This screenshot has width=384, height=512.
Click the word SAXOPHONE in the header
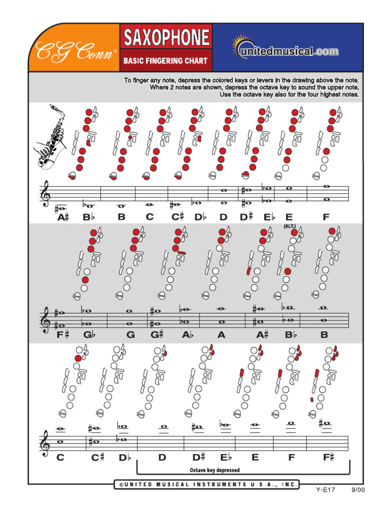[x=166, y=38]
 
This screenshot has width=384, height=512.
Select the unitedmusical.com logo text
[x=290, y=50]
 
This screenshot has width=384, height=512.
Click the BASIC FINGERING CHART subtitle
[x=165, y=61]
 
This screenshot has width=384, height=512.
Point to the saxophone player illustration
[x=51, y=138]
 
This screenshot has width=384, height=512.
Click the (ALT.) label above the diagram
[x=290, y=226]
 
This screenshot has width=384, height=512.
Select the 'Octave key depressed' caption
[x=214, y=470]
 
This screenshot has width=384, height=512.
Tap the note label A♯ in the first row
[x=62, y=217]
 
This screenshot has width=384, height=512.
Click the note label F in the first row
[x=326, y=217]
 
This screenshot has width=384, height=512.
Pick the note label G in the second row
[x=130, y=335]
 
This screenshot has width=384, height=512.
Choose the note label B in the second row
[x=324, y=335]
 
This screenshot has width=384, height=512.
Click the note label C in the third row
[x=60, y=457]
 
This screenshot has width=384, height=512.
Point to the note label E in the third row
[x=255, y=457]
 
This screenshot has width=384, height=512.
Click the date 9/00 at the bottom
[x=357, y=489]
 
